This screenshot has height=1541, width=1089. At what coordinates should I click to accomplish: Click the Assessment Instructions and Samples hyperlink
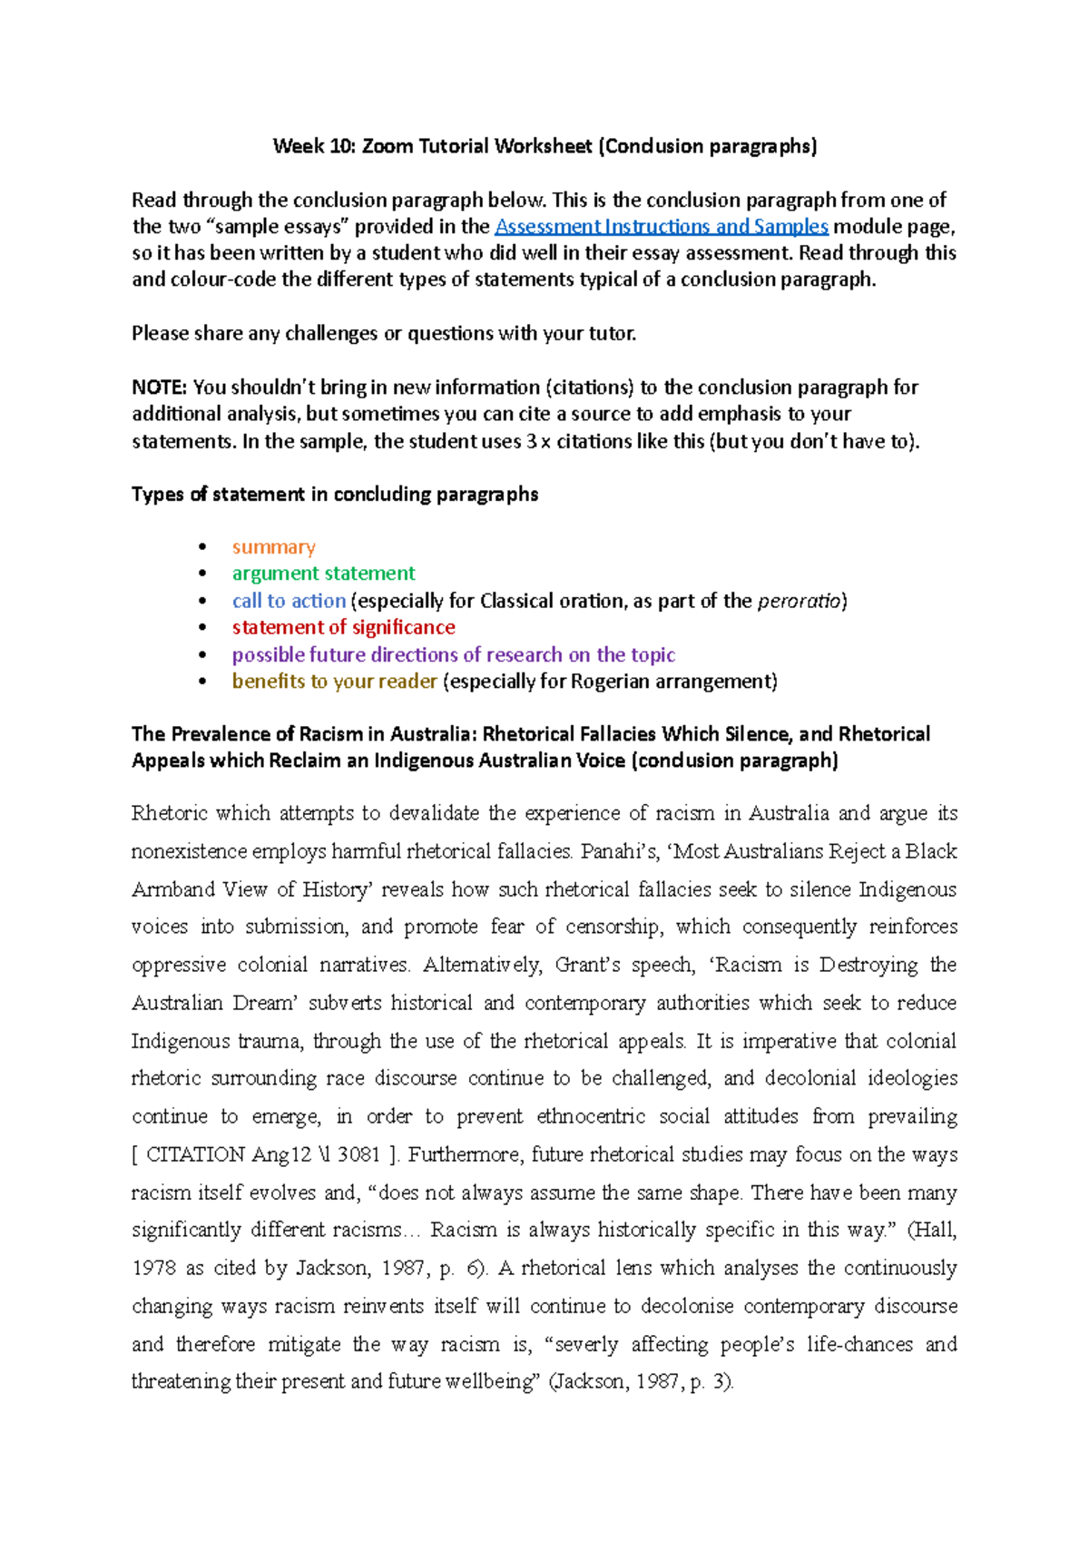point(661,226)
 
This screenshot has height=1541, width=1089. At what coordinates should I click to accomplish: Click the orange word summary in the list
point(273,547)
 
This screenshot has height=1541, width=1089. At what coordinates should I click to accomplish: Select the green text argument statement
point(323,574)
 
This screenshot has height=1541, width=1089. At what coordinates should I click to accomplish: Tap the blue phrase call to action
point(289,601)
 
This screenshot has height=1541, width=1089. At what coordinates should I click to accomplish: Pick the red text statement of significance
point(343,627)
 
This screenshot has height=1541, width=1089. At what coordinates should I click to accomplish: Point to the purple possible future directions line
point(453,654)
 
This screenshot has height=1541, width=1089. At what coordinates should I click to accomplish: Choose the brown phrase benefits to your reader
point(334,682)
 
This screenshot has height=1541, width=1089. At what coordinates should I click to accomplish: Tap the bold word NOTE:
point(159,388)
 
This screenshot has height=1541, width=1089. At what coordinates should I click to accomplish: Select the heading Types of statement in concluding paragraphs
point(335,495)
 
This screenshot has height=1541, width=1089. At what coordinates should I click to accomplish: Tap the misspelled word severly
point(586,1344)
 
